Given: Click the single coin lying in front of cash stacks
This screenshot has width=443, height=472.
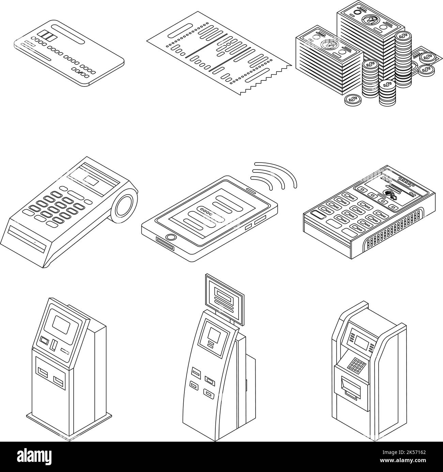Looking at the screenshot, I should [x=352, y=100].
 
